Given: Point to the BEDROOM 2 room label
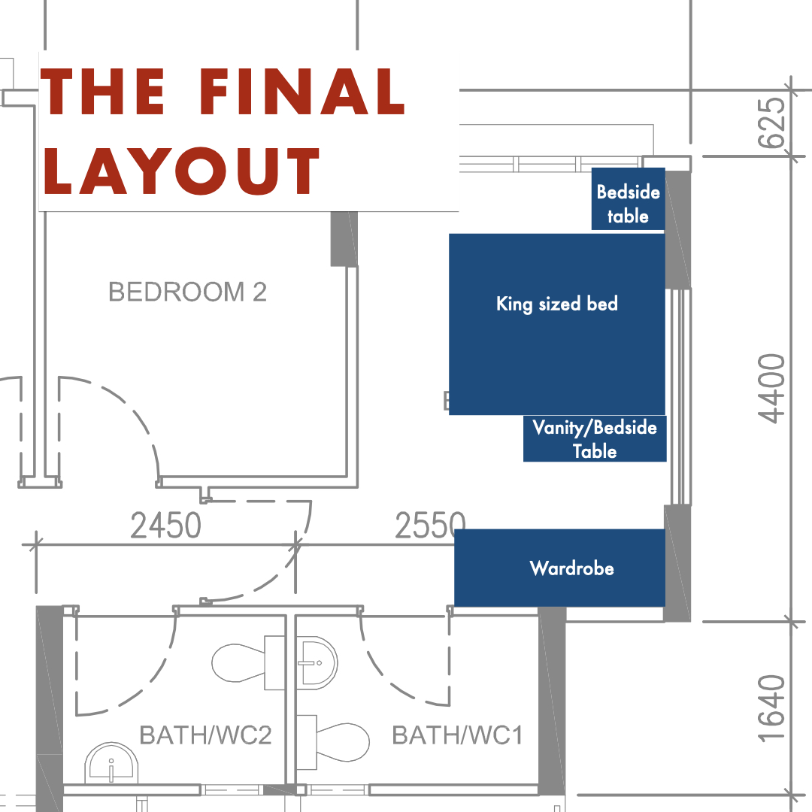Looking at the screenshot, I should point(187,292).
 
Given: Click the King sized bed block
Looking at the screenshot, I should point(557,323).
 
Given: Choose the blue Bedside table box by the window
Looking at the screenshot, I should point(628,199).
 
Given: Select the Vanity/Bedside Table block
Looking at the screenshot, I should point(595,439).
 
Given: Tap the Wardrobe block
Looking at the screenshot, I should point(560,568).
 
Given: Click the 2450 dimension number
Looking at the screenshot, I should point(166,526).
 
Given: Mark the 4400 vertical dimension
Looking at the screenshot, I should point(772,389).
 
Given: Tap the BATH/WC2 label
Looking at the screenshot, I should point(205,735).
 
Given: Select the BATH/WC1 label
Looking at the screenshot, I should point(457,735).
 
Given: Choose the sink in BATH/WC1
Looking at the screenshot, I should point(317,662).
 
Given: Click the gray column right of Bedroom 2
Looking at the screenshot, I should point(344,238).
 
